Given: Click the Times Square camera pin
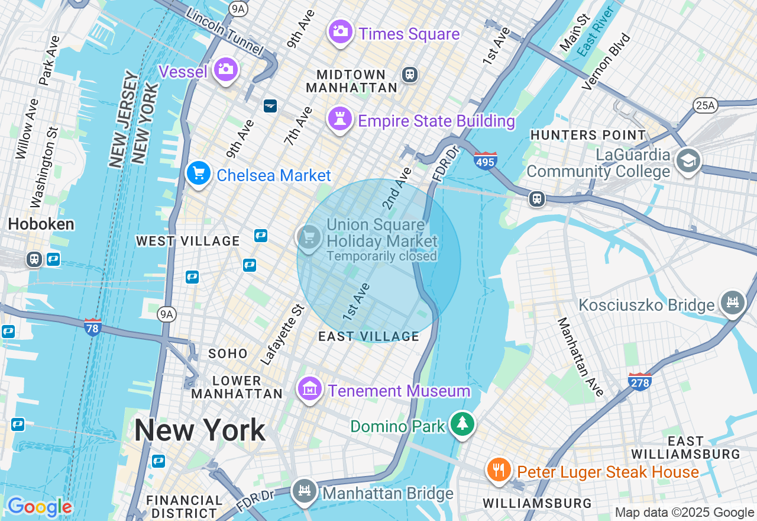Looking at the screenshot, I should (340, 31).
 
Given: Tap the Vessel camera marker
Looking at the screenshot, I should (225, 70).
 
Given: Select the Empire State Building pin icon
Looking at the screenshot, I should (340, 118).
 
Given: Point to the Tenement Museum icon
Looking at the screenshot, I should (310, 389).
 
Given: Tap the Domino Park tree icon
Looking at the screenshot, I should (462, 423).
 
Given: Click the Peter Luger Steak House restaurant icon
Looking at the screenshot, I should (499, 469).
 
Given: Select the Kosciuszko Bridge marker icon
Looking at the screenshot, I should (732, 303).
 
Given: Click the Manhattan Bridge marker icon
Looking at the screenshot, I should (304, 491).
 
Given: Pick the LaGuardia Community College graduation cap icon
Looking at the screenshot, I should (688, 160).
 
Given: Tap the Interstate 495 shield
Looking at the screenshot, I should (486, 160).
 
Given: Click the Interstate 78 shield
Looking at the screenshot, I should (93, 327).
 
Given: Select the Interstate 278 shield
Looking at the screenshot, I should (640, 381).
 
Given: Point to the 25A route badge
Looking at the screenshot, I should (704, 105).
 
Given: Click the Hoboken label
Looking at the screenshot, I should (41, 224).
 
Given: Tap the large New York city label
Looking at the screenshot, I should (200, 430).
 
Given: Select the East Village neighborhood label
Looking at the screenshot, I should (368, 336).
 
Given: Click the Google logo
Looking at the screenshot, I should (40, 507).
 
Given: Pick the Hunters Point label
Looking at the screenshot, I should (587, 135).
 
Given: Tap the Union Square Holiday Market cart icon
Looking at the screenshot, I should (308, 237).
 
